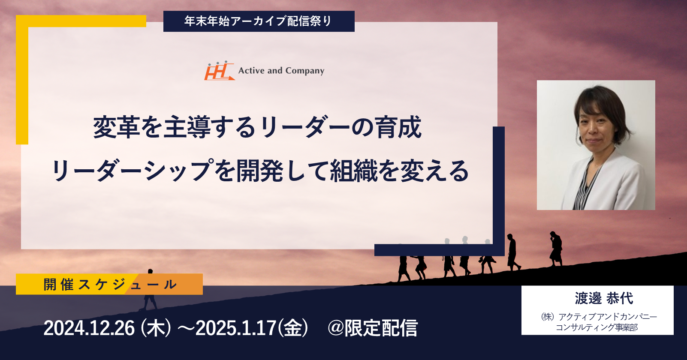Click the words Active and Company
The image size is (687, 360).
pos(281,71)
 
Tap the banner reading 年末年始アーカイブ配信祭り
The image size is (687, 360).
pos(259,21)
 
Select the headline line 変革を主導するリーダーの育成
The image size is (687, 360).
pos(257,127)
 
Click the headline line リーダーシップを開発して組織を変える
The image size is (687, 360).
pos(260,171)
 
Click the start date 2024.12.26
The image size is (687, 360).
pos(89,328)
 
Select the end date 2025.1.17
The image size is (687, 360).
pos(236,328)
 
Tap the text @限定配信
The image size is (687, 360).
pos(372,328)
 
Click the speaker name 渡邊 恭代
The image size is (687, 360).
pos(603,298)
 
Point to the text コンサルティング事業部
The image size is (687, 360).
pos(597,327)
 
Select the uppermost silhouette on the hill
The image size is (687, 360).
pos(556,249)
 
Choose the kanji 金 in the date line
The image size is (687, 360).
pos(292,328)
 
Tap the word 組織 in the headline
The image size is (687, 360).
pos(354,171)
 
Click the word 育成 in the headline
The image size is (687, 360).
pos(398,127)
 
